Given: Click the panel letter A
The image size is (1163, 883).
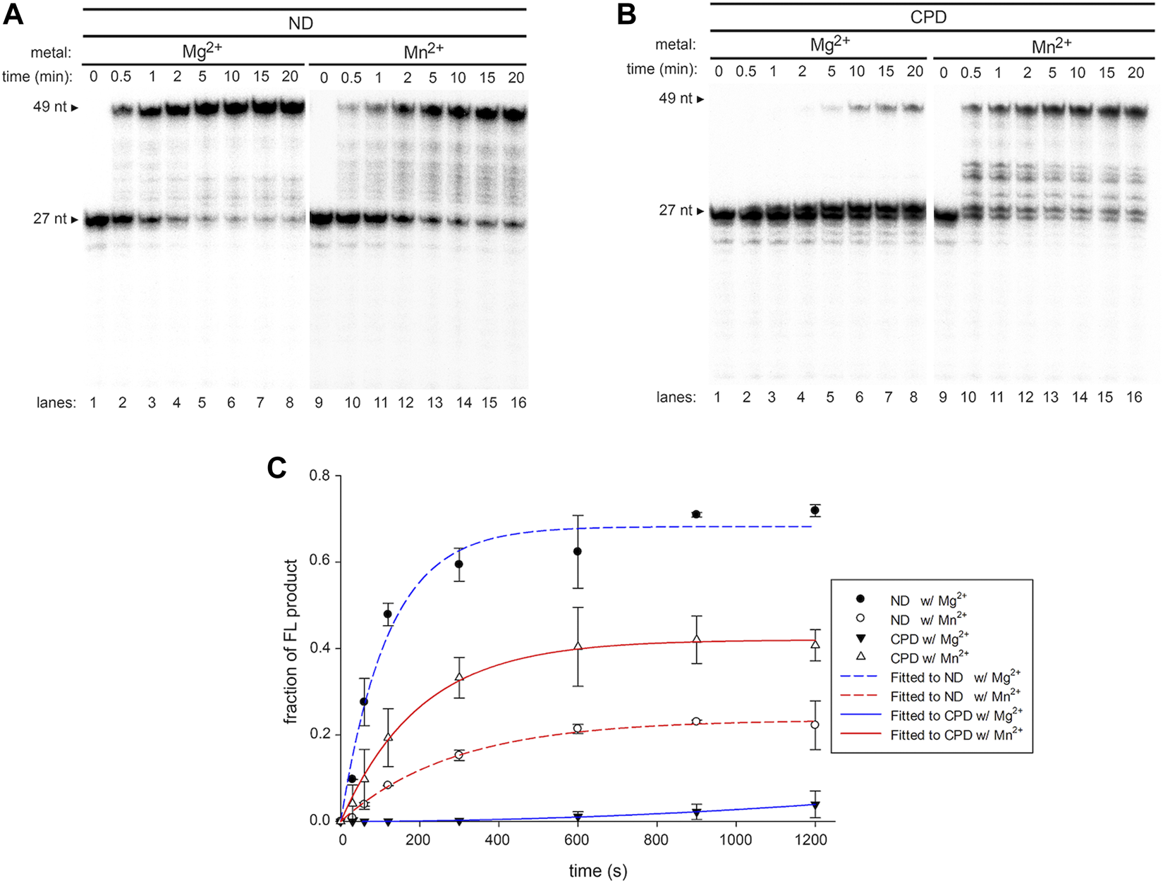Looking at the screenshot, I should click(x=13, y=16).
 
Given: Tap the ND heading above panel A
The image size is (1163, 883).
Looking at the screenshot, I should click(x=300, y=23).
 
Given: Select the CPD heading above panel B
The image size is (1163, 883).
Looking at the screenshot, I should click(x=928, y=18).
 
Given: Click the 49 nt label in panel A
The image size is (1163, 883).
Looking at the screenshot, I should click(x=50, y=107).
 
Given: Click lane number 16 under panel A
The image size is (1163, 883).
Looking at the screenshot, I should click(x=518, y=403).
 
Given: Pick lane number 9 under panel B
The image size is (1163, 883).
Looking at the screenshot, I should click(x=942, y=397).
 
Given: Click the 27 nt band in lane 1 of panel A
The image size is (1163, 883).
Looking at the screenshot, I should click(x=95, y=221).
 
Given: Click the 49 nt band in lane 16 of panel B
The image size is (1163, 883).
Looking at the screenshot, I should click(x=1133, y=110).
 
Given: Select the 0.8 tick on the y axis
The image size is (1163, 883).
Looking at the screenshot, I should click(x=319, y=476).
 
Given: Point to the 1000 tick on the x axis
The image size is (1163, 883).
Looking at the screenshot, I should click(x=736, y=840).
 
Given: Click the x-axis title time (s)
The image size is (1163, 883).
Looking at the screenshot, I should click(x=597, y=871).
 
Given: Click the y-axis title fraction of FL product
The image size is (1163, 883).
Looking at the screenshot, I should click(x=290, y=641).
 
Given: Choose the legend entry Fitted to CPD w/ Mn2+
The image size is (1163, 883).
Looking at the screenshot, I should click(x=956, y=735).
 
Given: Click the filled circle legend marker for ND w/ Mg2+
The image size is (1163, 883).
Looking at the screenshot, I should click(x=860, y=600).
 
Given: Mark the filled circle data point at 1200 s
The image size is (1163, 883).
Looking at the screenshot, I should click(x=815, y=510).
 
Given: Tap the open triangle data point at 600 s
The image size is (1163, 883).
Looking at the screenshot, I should click(x=578, y=646).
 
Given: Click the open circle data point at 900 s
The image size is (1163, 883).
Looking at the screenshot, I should click(x=696, y=721).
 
